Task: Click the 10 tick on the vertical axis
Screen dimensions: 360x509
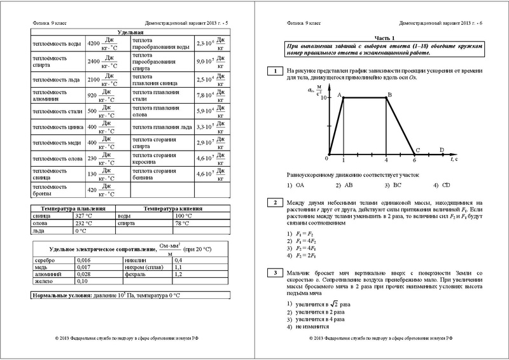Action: pyautogui.click(x=323, y=98)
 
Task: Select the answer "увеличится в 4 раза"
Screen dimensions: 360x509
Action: pyautogui.click(x=319, y=319)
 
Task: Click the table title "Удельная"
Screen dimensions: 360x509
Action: pyautogui.click(x=130, y=32)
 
